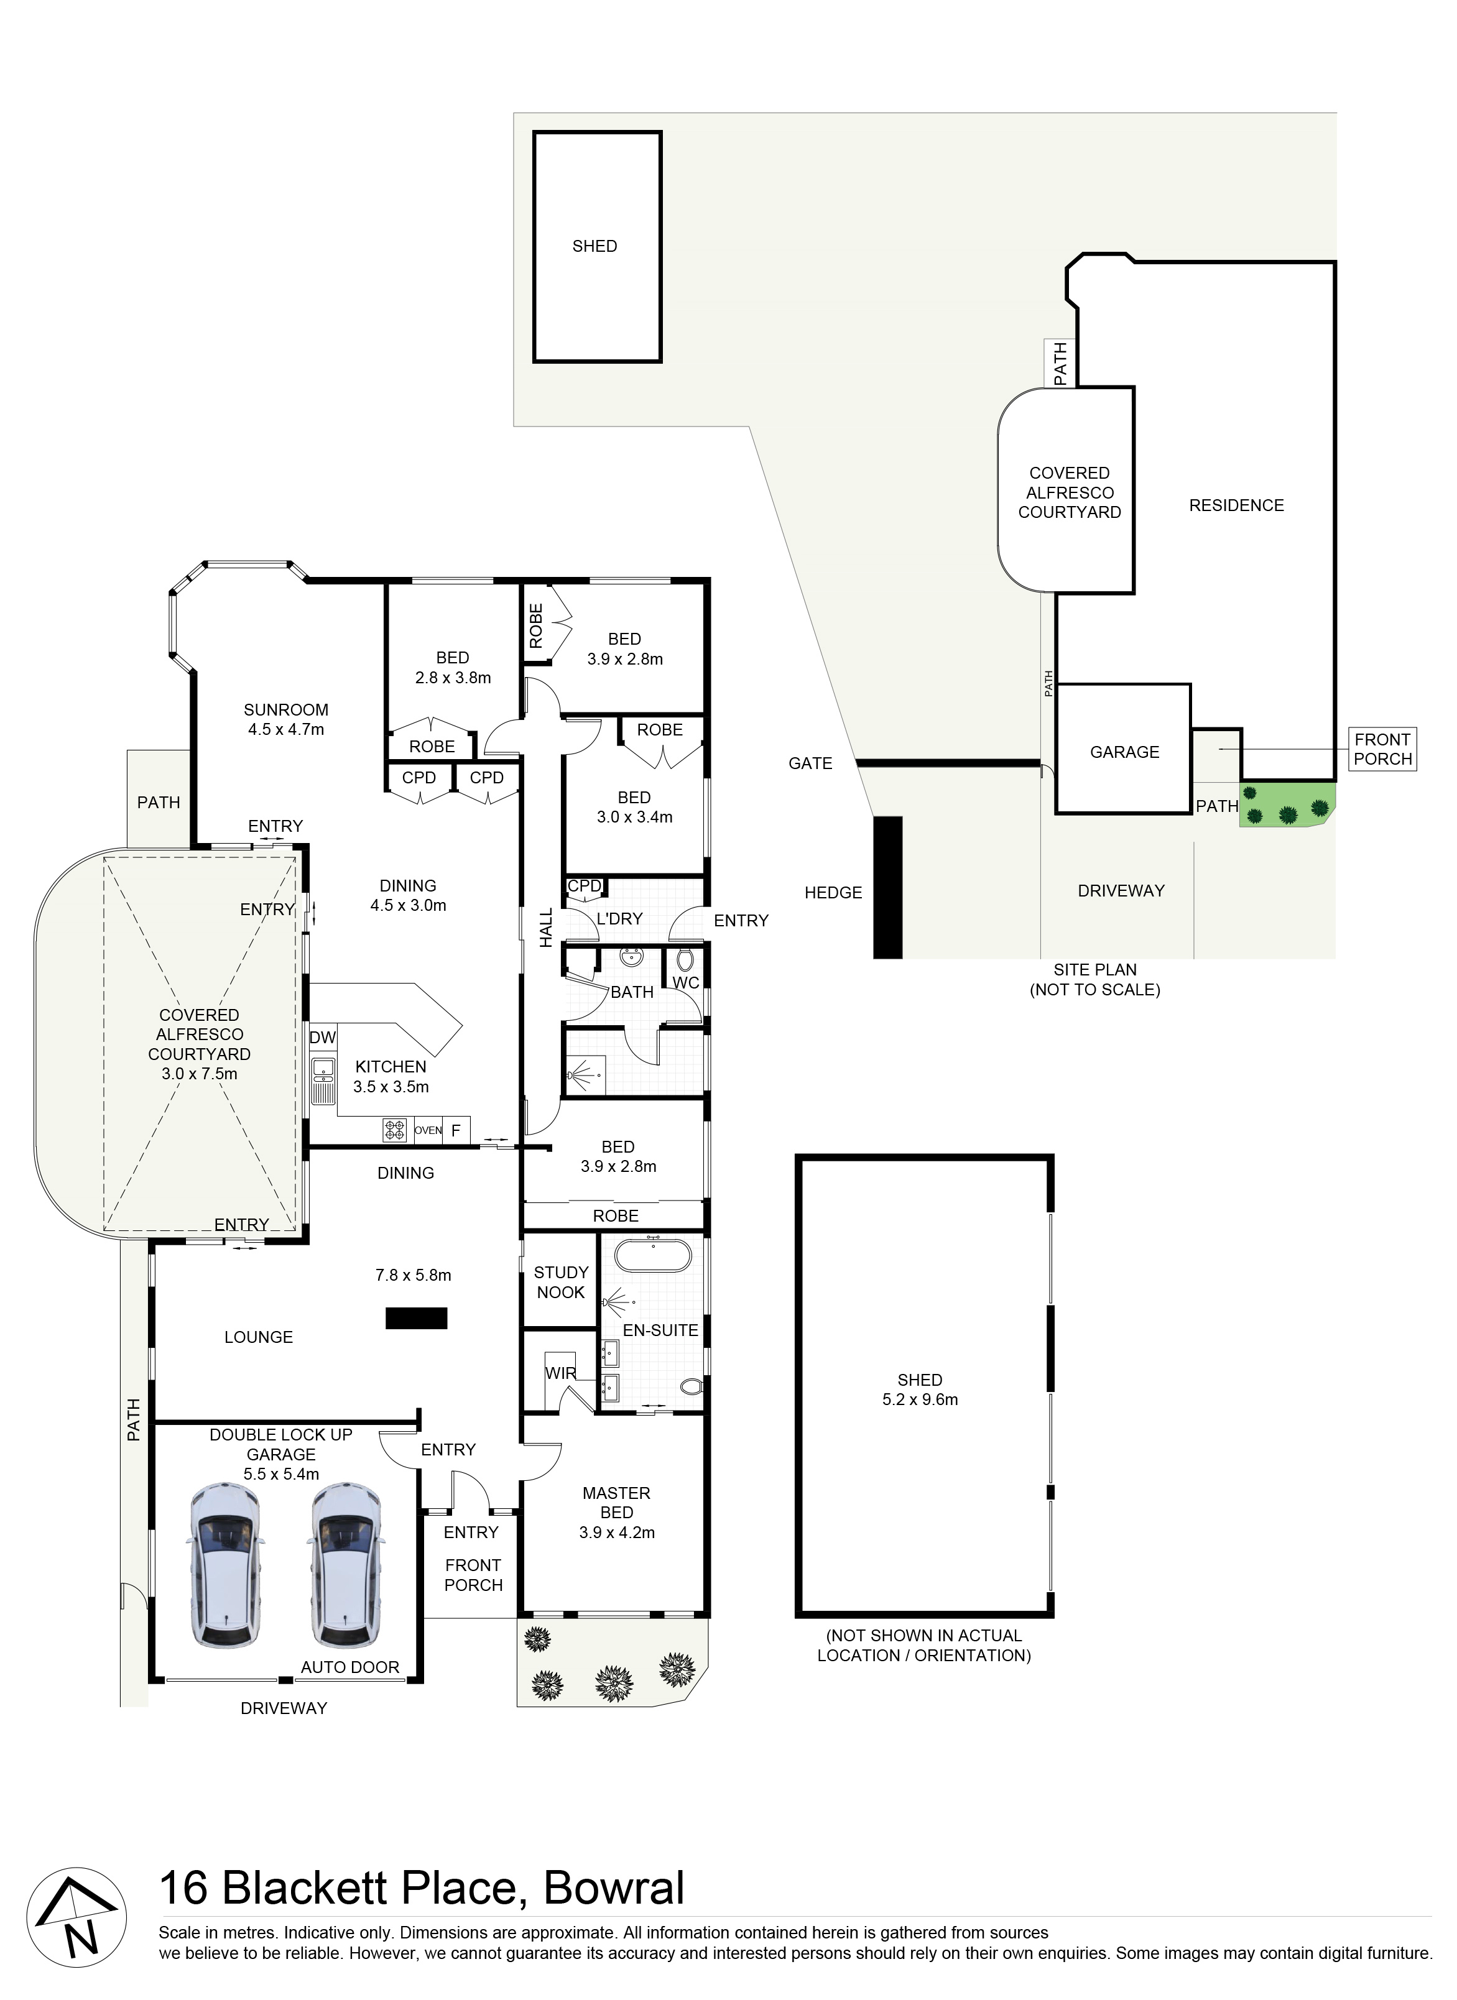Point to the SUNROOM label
click(x=286, y=710)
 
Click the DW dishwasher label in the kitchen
click(x=323, y=1038)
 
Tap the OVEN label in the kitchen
click(x=428, y=1130)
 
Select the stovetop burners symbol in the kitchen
click(x=394, y=1130)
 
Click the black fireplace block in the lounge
click(x=416, y=1319)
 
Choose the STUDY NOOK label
click(x=561, y=1282)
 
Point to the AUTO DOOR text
click(x=350, y=1667)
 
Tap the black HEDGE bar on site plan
click(x=888, y=887)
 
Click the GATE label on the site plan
click(x=810, y=763)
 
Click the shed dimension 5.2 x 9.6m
click(x=920, y=1399)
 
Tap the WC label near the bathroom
click(x=685, y=984)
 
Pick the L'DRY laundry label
click(x=619, y=919)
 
